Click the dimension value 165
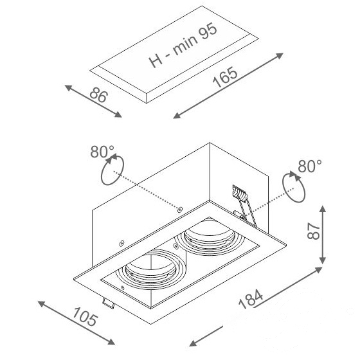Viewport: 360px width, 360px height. (225, 77)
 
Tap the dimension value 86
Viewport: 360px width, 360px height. (99, 95)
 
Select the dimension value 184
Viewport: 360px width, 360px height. (251, 299)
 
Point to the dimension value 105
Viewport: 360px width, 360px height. (85, 316)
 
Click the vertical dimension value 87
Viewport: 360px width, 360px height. (314, 231)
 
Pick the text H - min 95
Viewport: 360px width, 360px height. (183, 45)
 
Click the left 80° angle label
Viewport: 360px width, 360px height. (102, 152)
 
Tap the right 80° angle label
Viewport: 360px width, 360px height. (310, 166)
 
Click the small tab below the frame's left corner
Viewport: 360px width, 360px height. (108, 303)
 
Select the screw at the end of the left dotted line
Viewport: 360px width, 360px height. (180, 209)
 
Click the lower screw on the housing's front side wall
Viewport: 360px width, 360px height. (122, 243)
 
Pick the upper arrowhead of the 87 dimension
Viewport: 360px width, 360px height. (323, 209)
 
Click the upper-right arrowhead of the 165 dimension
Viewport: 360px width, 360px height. (280, 55)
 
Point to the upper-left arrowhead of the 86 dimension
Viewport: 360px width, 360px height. (69, 87)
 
